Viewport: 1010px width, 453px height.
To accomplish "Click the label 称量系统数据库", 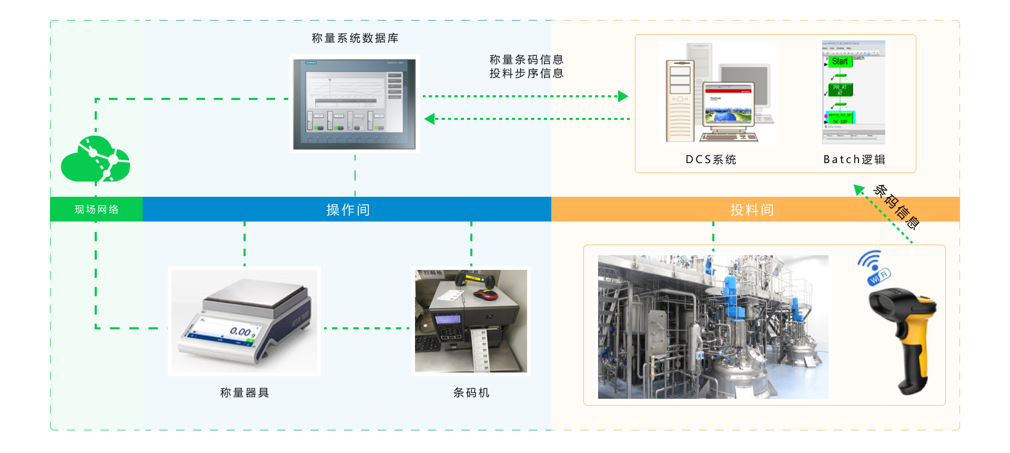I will pos(355,38).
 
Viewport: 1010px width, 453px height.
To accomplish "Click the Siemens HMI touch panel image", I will pos(355,104).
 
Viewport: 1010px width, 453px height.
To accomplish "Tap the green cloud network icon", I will pos(96,159).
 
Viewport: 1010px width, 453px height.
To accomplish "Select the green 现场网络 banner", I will pos(96,209).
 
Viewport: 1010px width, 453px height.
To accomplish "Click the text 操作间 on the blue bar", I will pos(348,209).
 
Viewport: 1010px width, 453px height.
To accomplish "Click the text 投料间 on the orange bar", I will pos(752,209).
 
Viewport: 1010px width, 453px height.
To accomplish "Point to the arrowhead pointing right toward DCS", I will pos(623,96).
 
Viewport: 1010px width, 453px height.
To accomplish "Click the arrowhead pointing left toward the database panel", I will pos(430,119).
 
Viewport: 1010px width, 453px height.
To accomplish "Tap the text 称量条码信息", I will pos(526,59).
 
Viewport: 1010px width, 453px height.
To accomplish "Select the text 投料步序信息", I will pos(526,74).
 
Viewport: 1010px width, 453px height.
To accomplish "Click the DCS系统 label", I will pos(711,159).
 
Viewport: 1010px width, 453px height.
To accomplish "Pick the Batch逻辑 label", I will pos(854,159).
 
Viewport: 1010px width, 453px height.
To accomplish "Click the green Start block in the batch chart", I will pos(840,62).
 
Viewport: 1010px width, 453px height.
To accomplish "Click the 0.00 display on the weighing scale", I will pos(241,331).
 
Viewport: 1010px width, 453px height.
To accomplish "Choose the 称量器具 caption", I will pos(245,392).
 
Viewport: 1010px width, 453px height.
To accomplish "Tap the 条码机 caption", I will pos(471,392).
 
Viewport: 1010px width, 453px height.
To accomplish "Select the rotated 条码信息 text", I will pos(896,207).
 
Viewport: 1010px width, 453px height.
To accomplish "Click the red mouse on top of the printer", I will pos(486,294).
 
